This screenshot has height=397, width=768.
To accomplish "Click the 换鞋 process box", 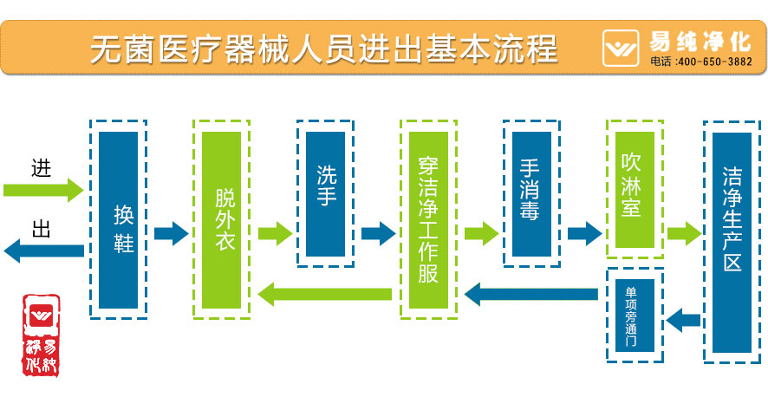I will point(119,220).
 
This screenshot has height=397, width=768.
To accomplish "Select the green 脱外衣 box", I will point(221,220).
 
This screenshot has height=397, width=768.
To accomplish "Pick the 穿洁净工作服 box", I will point(428,220).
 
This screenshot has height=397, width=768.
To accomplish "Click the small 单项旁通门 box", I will point(635,315).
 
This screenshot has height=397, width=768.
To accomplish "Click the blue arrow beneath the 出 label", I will point(43,251).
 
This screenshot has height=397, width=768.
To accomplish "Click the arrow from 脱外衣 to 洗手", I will point(274,233).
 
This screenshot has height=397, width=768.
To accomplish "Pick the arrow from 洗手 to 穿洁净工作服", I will point(378,233).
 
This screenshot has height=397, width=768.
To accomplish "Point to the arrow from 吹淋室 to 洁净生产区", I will point(683,233).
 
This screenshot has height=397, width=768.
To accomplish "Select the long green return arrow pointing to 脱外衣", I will point(325,294).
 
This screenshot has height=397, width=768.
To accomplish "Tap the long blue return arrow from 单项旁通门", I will point(531,294).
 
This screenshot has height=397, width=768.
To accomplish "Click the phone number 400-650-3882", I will point(713,62).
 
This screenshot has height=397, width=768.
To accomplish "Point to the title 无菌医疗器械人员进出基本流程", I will point(322,48).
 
